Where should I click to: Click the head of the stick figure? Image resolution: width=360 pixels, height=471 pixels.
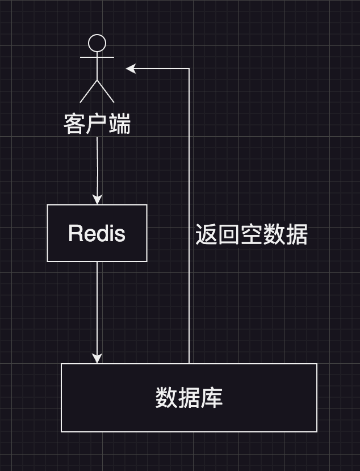[98, 43]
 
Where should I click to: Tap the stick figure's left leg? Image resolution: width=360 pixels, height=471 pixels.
[89, 92]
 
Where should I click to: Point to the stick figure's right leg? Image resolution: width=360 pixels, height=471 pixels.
[106, 92]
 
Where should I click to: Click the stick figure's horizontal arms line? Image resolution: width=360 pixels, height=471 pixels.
[97, 57]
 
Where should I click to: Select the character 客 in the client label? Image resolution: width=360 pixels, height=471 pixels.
[74, 124]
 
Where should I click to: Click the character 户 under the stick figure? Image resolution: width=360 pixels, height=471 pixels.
[97, 124]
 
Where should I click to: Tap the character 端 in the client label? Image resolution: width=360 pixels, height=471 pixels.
[119, 124]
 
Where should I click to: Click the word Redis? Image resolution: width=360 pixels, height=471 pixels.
[97, 233]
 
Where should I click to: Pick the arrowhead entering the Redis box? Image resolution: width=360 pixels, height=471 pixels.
[97, 199]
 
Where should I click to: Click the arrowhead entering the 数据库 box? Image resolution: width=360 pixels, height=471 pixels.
[97, 358]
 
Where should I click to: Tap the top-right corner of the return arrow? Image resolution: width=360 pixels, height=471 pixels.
[189, 69]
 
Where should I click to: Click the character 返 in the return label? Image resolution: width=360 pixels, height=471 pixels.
[206, 234]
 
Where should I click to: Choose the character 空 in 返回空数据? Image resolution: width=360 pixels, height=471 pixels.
[251, 234]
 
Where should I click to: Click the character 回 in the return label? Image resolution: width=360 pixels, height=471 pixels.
[229, 234]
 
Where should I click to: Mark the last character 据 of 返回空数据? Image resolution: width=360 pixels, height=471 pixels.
[296, 234]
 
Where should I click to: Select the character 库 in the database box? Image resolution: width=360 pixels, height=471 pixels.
[211, 398]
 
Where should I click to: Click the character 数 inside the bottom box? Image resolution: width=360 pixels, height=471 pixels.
[166, 398]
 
